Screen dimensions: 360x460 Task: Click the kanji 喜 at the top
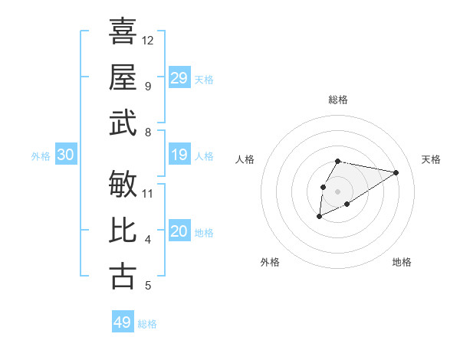click(x=123, y=31)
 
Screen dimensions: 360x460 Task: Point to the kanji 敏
click(x=123, y=184)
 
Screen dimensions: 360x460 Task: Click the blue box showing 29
click(x=179, y=78)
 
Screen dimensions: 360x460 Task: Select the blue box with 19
click(x=179, y=155)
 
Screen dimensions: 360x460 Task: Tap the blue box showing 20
click(x=179, y=232)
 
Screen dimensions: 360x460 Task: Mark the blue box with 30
click(x=66, y=155)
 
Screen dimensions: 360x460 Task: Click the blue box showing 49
click(x=123, y=322)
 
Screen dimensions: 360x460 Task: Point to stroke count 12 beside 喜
click(x=148, y=40)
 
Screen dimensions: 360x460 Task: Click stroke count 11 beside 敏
click(x=148, y=193)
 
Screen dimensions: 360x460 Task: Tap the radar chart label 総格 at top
click(x=337, y=100)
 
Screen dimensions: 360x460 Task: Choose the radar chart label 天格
click(x=431, y=159)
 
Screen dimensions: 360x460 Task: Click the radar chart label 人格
click(x=245, y=159)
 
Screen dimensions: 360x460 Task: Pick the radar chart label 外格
click(x=270, y=262)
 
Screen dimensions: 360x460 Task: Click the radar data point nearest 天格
click(x=396, y=172)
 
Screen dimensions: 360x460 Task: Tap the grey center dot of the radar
click(x=337, y=190)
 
